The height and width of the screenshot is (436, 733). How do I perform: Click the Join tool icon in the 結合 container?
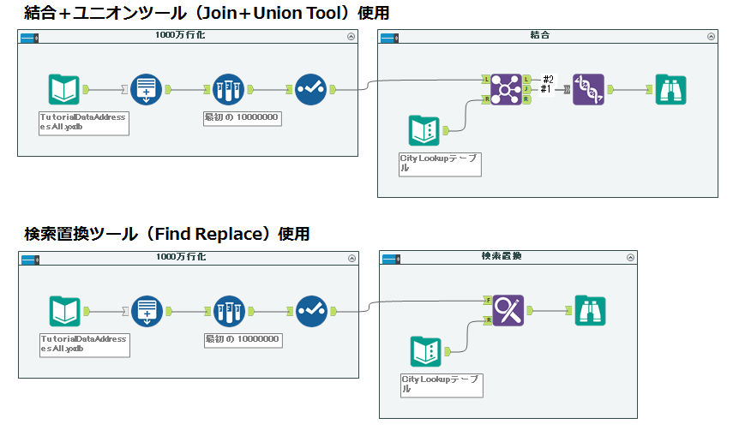pyautogui.click(x=507, y=89)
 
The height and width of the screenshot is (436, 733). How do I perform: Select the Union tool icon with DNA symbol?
pyautogui.click(x=588, y=89)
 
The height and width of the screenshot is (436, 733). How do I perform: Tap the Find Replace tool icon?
pyautogui.click(x=508, y=310)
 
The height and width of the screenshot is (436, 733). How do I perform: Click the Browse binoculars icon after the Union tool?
pyautogui.click(x=670, y=89)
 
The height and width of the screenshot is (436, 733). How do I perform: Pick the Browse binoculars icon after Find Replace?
pyautogui.click(x=590, y=310)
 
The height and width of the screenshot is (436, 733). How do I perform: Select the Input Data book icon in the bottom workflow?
pyautogui.click(x=64, y=311)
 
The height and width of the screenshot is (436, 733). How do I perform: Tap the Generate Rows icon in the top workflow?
pyautogui.click(x=146, y=89)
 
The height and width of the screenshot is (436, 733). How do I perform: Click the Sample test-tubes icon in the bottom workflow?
pyautogui.click(x=229, y=311)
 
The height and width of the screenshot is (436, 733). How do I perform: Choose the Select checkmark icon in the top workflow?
pyautogui.click(x=310, y=89)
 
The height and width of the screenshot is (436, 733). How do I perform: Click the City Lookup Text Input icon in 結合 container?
pyautogui.click(x=424, y=129)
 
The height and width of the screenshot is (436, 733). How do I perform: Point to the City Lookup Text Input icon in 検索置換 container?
pyautogui.click(x=426, y=351)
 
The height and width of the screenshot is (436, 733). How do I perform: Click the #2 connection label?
pyautogui.click(x=549, y=79)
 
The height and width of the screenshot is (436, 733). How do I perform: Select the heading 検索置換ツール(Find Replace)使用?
pyautogui.click(x=166, y=234)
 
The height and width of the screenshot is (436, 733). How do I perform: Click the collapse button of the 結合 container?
pyautogui.click(x=711, y=36)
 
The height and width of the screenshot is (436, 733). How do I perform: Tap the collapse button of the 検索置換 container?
pyautogui.click(x=630, y=257)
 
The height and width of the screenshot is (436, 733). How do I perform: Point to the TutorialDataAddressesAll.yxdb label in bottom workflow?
pyautogui.click(x=84, y=343)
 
